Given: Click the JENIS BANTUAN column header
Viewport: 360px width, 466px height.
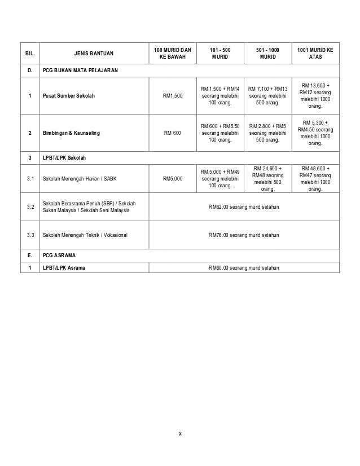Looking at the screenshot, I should tap(94, 55).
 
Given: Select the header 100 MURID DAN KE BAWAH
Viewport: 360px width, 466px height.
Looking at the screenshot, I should tap(172, 54).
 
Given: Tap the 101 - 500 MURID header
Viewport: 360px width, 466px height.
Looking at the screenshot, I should tap(220, 54).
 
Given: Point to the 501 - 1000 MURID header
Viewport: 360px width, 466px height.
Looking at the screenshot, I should tap(268, 54).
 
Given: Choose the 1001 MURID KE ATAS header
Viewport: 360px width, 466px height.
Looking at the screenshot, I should tap(315, 54).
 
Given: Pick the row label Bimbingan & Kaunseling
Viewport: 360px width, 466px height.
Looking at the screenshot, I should tap(72, 134).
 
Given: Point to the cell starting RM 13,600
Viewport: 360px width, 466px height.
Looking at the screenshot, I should tap(315, 95).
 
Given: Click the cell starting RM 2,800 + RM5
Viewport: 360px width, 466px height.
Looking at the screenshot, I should tap(268, 134).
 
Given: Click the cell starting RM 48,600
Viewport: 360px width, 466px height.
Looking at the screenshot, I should tap(315, 179).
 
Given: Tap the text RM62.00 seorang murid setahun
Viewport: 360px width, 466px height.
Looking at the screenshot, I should tap(244, 207).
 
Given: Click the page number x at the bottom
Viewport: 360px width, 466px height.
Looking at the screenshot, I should tap(180, 433).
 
